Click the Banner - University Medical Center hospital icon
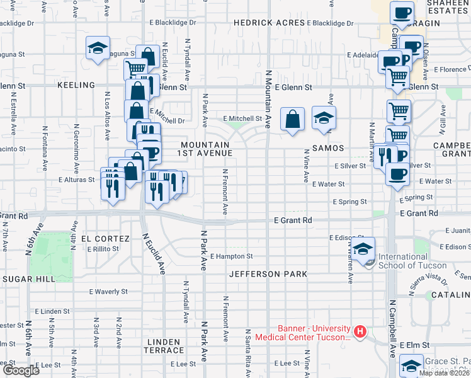pyautogui.click(x=360, y=331)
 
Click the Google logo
pyautogui.click(x=21, y=370)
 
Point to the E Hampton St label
pyautogui.click(x=231, y=256)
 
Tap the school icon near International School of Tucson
pyautogui.click(x=363, y=248)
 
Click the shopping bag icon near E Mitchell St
pyautogui.click(x=293, y=118)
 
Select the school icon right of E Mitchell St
pyautogui.click(x=324, y=118)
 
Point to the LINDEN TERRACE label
pyautogui.click(x=165, y=345)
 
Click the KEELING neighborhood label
pyautogui.click(x=76, y=84)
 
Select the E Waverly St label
pyautogui.click(x=108, y=292)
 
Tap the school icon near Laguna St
pyautogui.click(x=98, y=48)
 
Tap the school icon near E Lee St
pyautogui.click(x=411, y=365)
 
